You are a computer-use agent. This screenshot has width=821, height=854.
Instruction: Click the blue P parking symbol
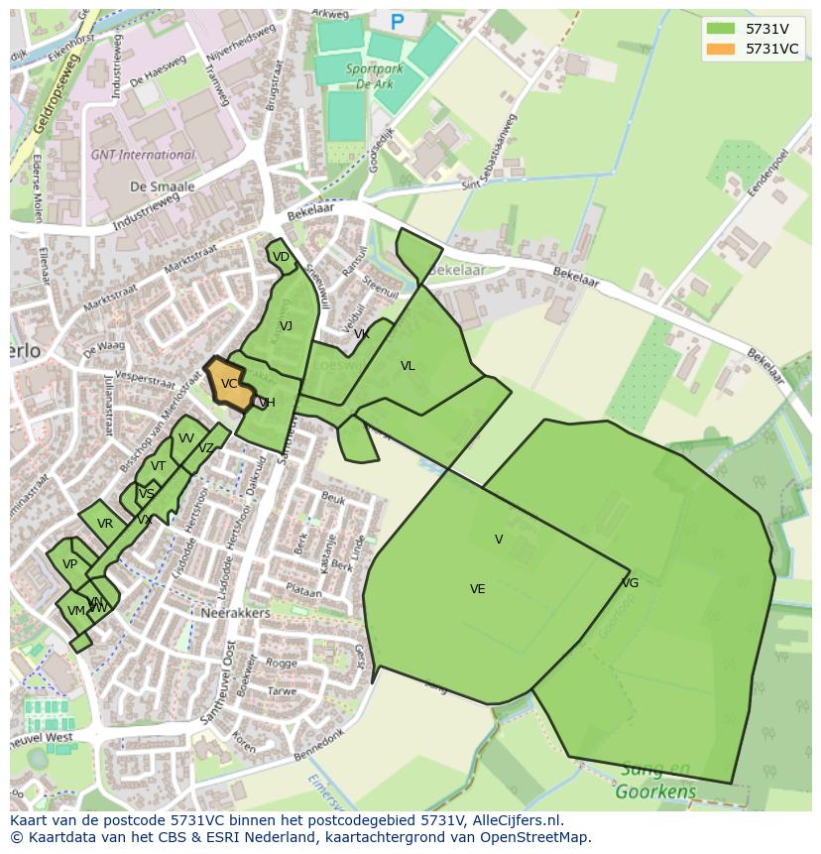click(x=398, y=22)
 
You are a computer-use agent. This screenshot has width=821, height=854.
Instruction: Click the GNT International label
click(x=143, y=155)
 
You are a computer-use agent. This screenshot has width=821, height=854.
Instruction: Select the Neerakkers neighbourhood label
click(x=235, y=613)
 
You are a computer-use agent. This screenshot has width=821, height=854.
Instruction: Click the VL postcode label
click(x=408, y=366)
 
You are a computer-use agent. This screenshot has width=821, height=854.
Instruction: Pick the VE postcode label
click(x=477, y=589)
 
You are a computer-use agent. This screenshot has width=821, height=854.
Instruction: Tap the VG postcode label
click(x=630, y=583)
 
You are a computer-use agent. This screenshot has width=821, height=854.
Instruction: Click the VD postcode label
click(x=281, y=257)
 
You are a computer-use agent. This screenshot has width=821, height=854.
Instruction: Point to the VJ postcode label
click(x=286, y=326)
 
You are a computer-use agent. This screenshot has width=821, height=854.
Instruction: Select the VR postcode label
click(x=105, y=524)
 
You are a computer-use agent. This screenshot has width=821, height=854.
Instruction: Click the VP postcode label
click(x=69, y=564)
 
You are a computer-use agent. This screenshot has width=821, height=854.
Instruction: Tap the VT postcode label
click(x=159, y=466)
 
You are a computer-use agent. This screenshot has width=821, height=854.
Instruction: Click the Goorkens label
click(x=655, y=792)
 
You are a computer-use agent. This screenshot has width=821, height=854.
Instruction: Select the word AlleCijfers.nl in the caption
click(x=515, y=820)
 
